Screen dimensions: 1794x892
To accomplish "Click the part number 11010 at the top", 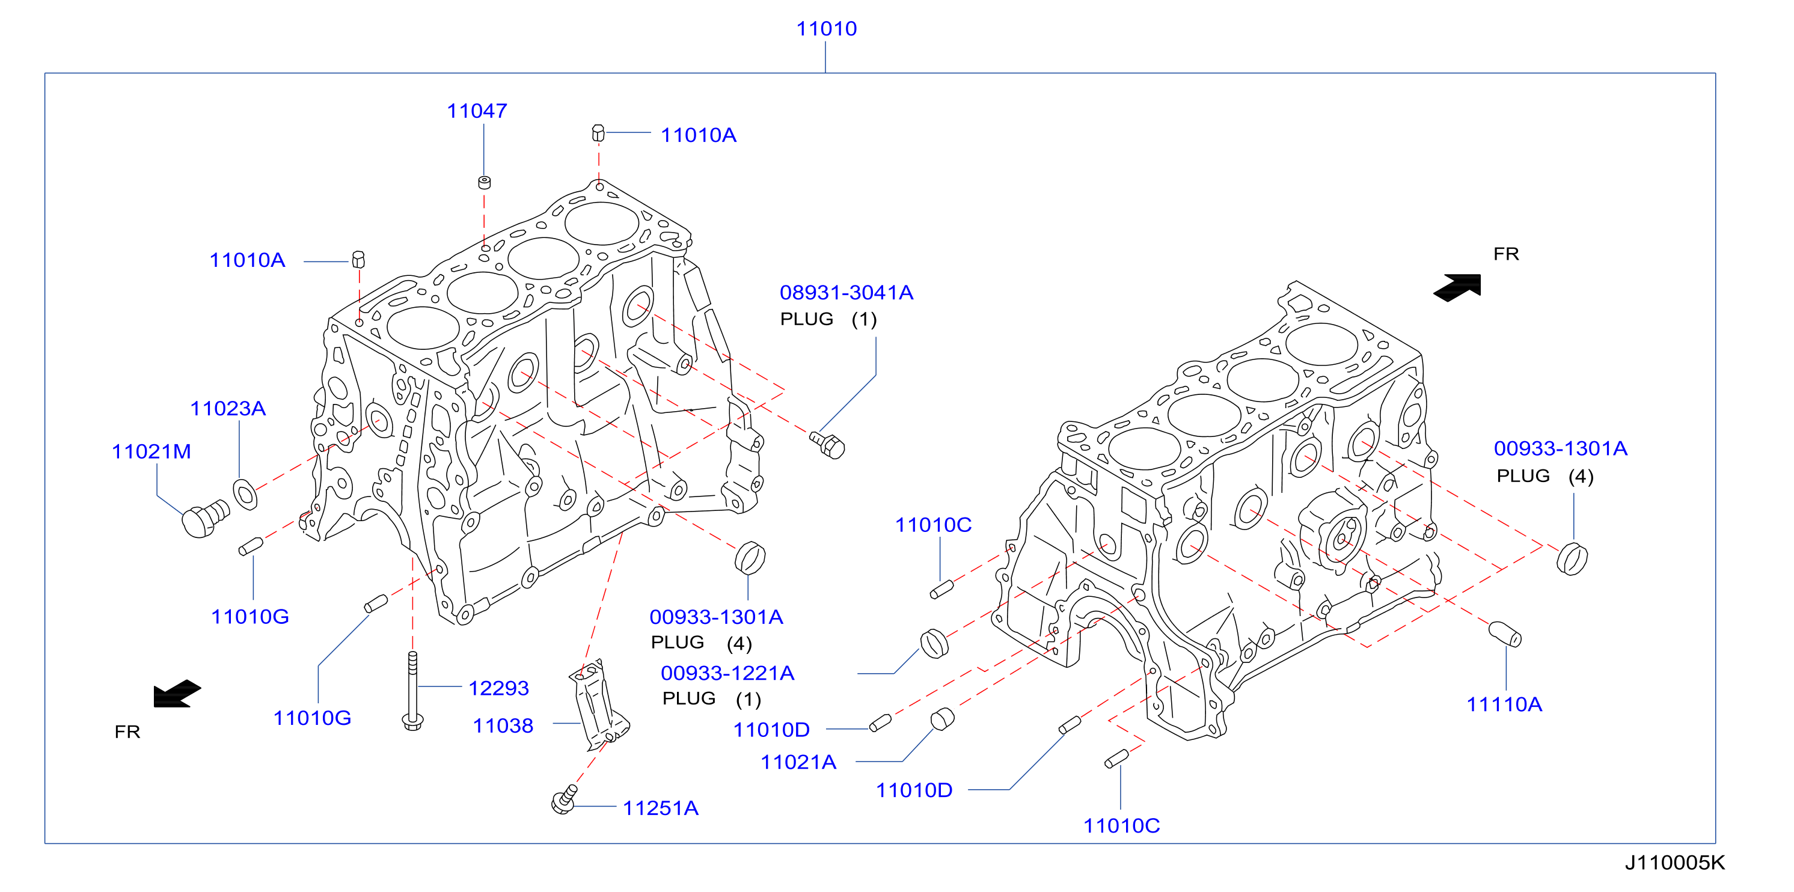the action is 826,28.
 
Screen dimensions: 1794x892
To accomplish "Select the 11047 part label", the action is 477,111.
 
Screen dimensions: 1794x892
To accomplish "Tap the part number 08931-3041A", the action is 846,293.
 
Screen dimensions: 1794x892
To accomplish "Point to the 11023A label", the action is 228,408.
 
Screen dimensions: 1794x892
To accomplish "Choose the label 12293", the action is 498,688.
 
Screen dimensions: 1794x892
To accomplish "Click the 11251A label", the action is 660,808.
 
